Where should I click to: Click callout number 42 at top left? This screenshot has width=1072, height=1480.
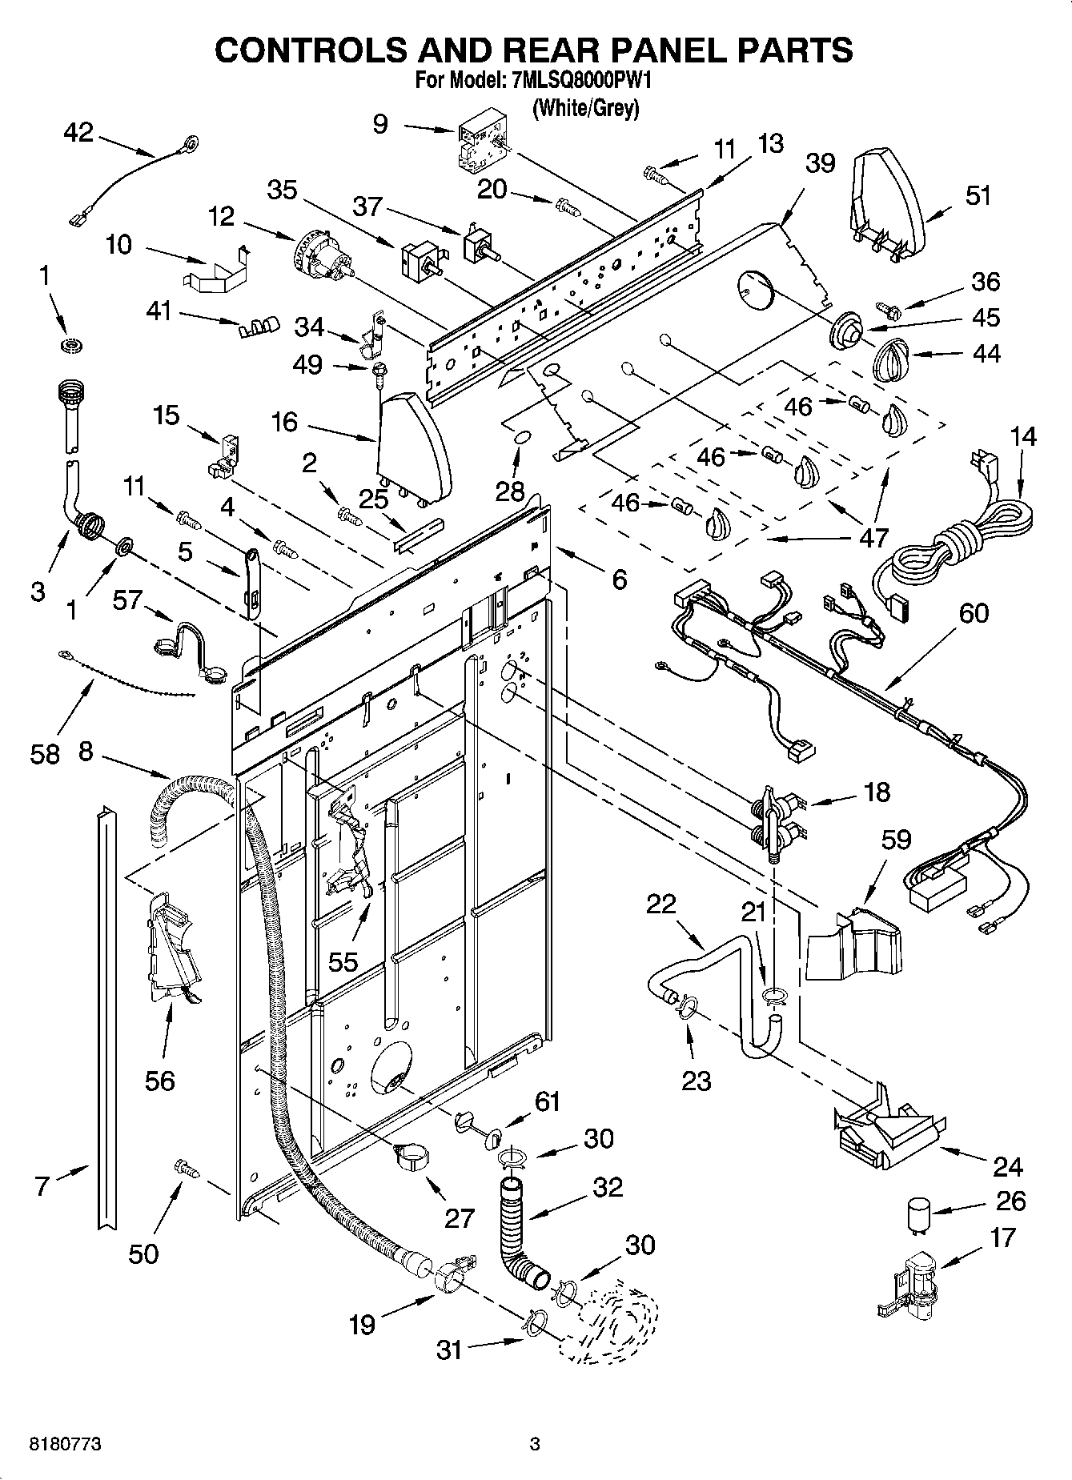point(78,133)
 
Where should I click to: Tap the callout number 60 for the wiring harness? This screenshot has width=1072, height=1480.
point(974,613)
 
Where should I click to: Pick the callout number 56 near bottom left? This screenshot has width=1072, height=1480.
point(159,1081)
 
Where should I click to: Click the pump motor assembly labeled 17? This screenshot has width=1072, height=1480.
point(913,1283)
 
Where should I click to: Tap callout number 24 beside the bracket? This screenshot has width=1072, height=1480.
point(1008,1167)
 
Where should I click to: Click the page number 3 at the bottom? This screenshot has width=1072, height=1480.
point(535,1445)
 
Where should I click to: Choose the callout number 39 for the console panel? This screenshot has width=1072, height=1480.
point(820,163)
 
